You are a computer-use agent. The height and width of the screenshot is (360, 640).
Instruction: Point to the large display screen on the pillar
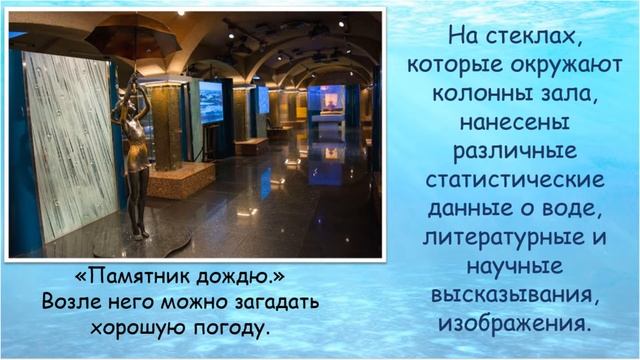pos(211,102)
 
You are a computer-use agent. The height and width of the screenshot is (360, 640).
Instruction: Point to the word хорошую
pos(141,326)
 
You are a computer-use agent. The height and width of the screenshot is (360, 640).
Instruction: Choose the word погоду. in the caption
pos(234,326)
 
